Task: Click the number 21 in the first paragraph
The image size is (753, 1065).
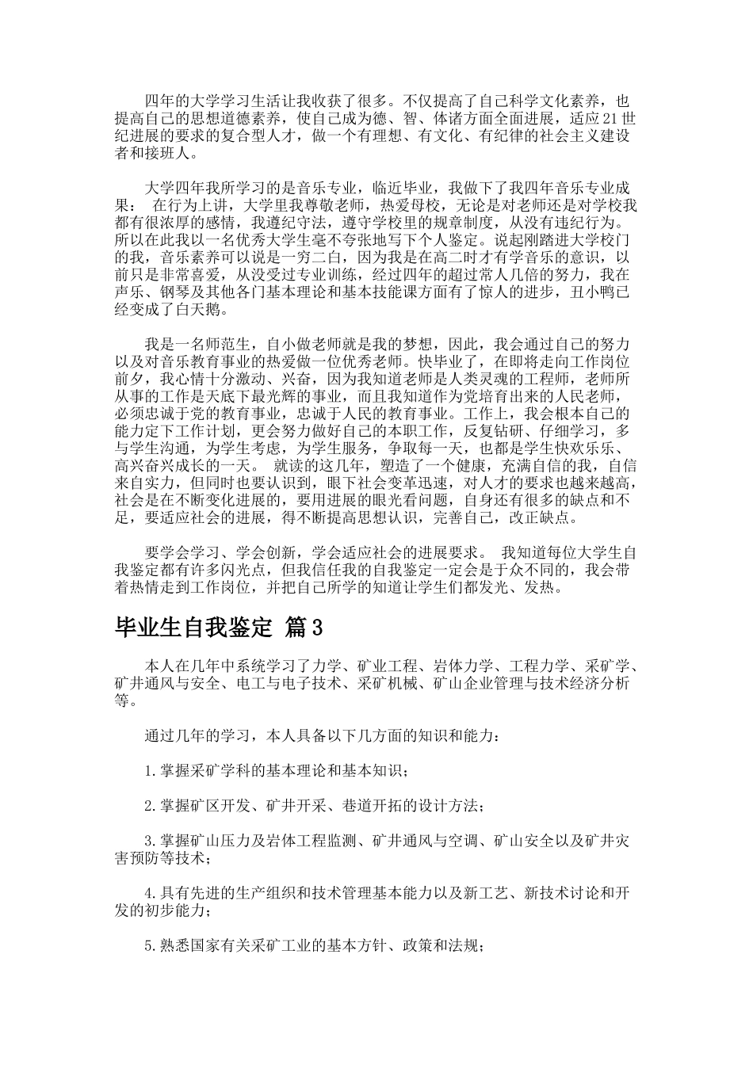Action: tap(609, 119)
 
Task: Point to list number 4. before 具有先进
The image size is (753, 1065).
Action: tap(151, 894)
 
